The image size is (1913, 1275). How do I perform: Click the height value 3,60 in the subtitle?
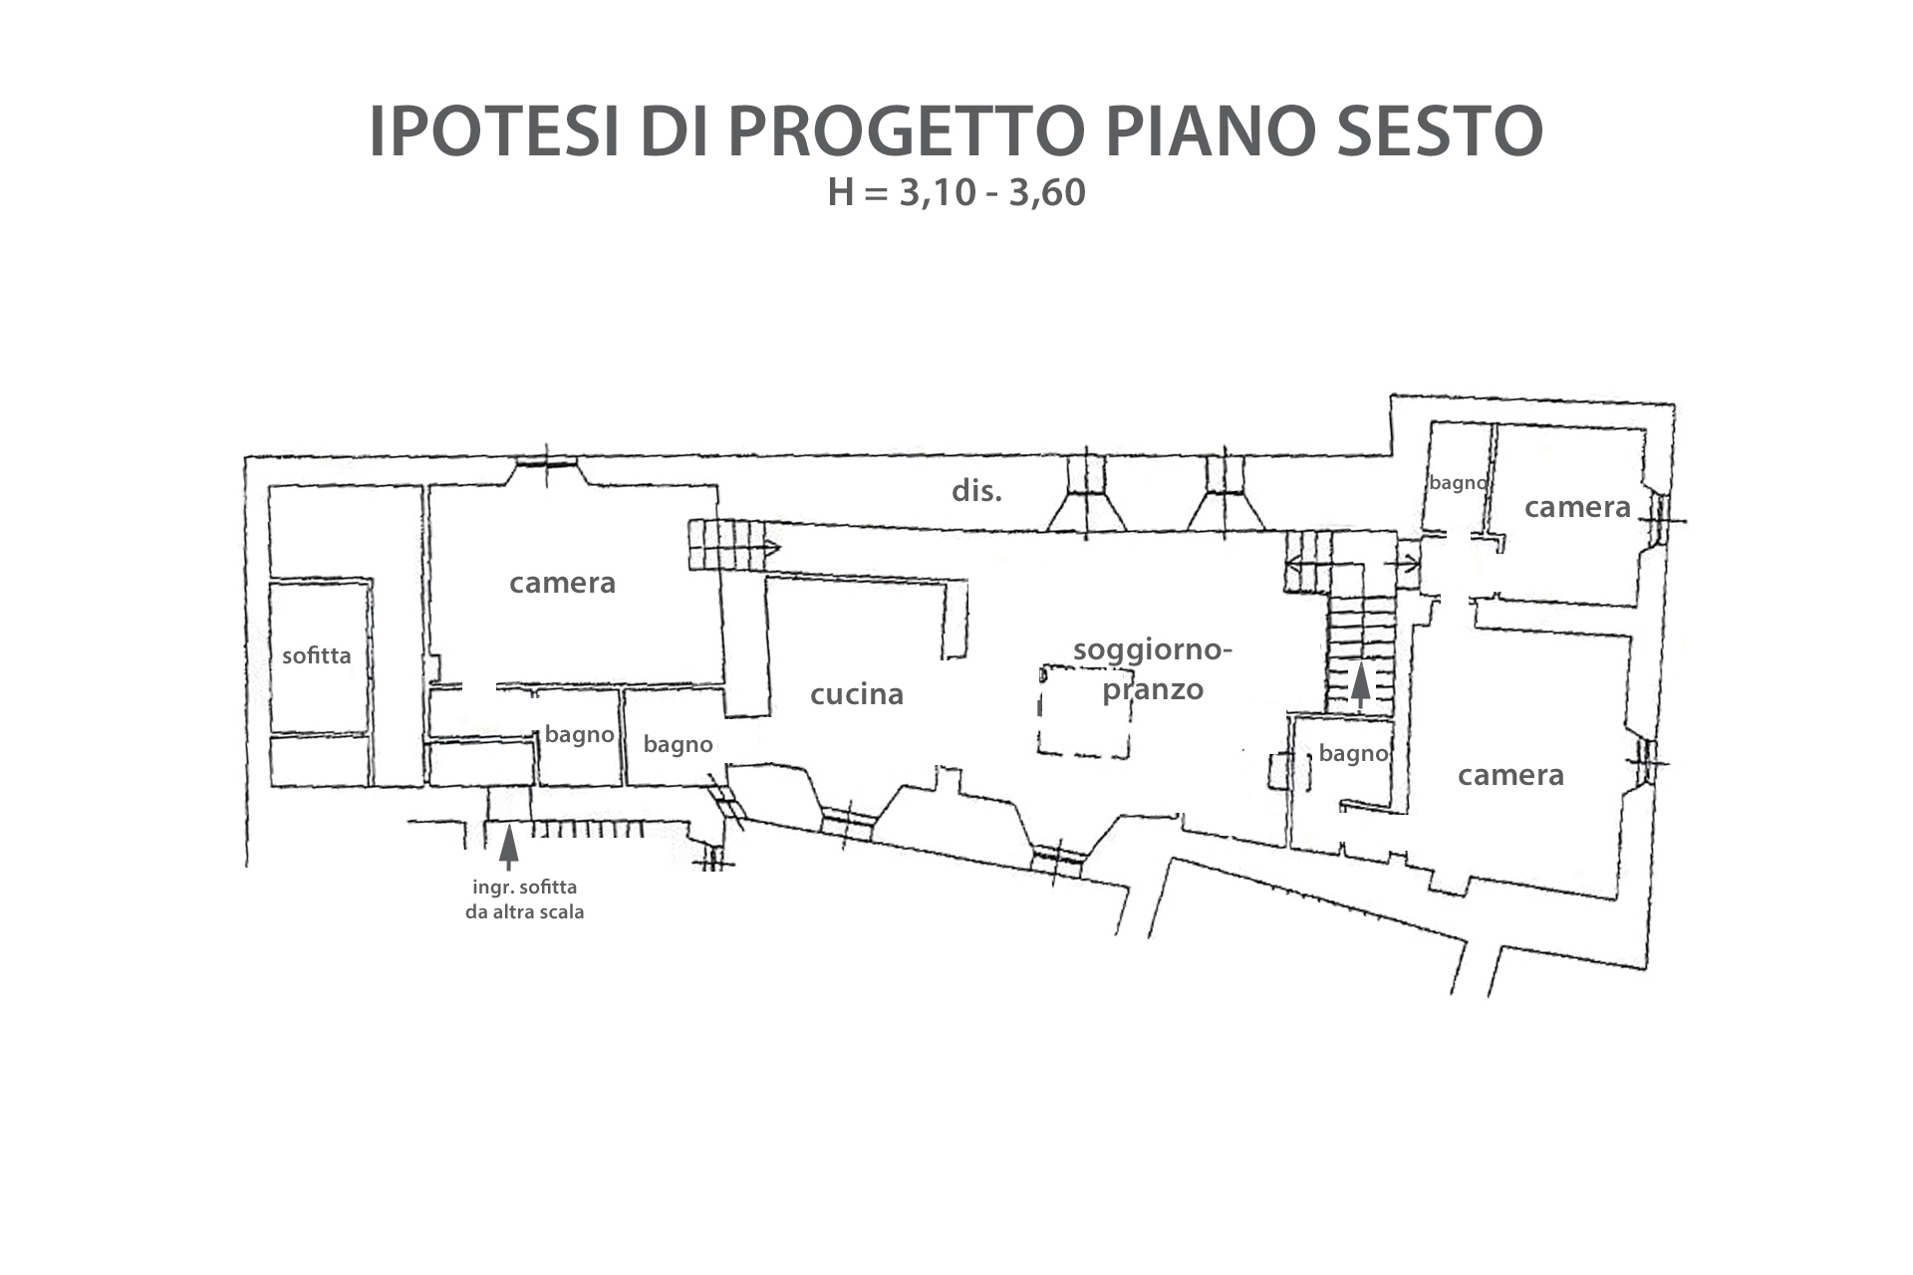[x=1047, y=192]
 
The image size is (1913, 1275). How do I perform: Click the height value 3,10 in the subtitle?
[x=937, y=192]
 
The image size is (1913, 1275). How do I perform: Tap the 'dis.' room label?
[x=976, y=490]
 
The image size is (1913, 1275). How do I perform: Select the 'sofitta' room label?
[x=317, y=655]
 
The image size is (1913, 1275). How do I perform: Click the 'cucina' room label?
[x=857, y=694]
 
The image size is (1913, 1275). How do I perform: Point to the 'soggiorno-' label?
[x=1153, y=650]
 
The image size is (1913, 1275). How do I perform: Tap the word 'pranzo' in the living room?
[x=1153, y=690]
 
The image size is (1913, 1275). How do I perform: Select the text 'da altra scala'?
[x=524, y=911]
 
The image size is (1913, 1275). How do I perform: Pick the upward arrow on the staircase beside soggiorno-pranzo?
[x=1360, y=687]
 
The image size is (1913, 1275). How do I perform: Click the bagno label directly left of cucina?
[x=678, y=744]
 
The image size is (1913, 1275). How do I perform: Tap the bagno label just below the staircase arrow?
[x=1353, y=754]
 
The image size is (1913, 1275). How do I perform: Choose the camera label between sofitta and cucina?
[x=563, y=583]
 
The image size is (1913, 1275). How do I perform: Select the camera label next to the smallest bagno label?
[x=1578, y=507]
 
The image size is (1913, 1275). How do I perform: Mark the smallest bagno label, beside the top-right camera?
[x=1458, y=483]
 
